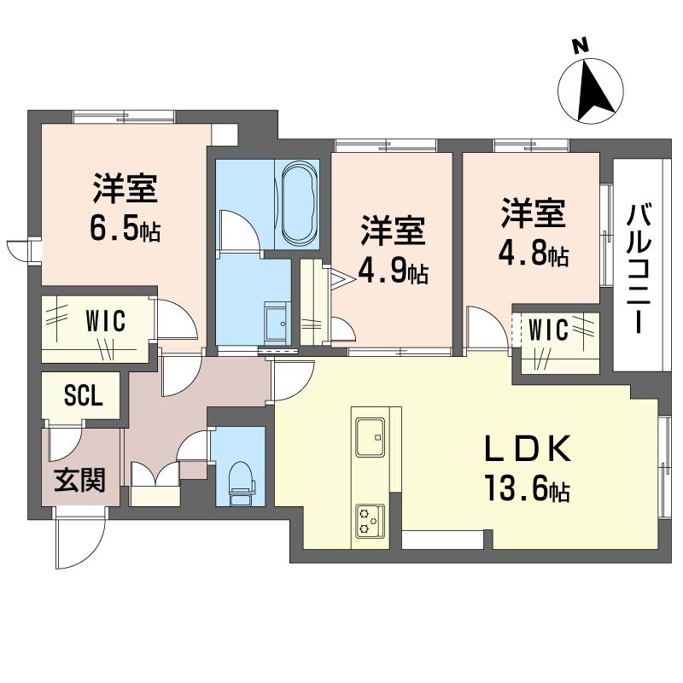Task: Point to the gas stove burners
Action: (x=370, y=521)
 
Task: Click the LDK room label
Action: (x=527, y=450)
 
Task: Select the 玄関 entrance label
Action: (x=80, y=482)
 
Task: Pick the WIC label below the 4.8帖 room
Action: (x=547, y=330)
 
